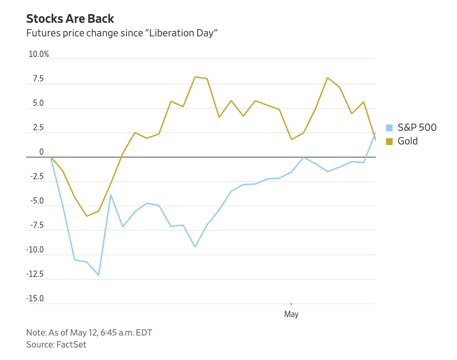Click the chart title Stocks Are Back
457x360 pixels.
coord(70,18)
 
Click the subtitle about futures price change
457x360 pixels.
coord(122,33)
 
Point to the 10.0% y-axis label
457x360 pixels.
coord(39,54)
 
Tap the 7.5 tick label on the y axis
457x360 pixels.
coord(37,79)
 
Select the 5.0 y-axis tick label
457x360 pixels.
coord(37,104)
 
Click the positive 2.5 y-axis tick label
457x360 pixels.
coord(37,128)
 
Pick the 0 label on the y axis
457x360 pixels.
coord(41,153)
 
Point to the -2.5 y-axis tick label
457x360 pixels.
coord(36,177)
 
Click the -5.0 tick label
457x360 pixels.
coord(36,201)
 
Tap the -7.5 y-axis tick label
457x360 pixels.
coord(36,226)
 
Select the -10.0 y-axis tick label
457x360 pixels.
coord(35,250)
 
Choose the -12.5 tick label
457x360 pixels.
coord(35,275)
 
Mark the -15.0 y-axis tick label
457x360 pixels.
coord(35,299)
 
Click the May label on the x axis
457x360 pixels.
coord(291,314)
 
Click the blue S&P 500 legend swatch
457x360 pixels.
coord(389,128)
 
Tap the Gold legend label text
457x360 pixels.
coord(408,141)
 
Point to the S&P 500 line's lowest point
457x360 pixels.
coord(98,275)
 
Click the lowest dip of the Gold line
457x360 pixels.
coord(86,216)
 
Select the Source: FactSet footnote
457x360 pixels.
coord(56,344)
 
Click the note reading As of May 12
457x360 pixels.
coord(93,332)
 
